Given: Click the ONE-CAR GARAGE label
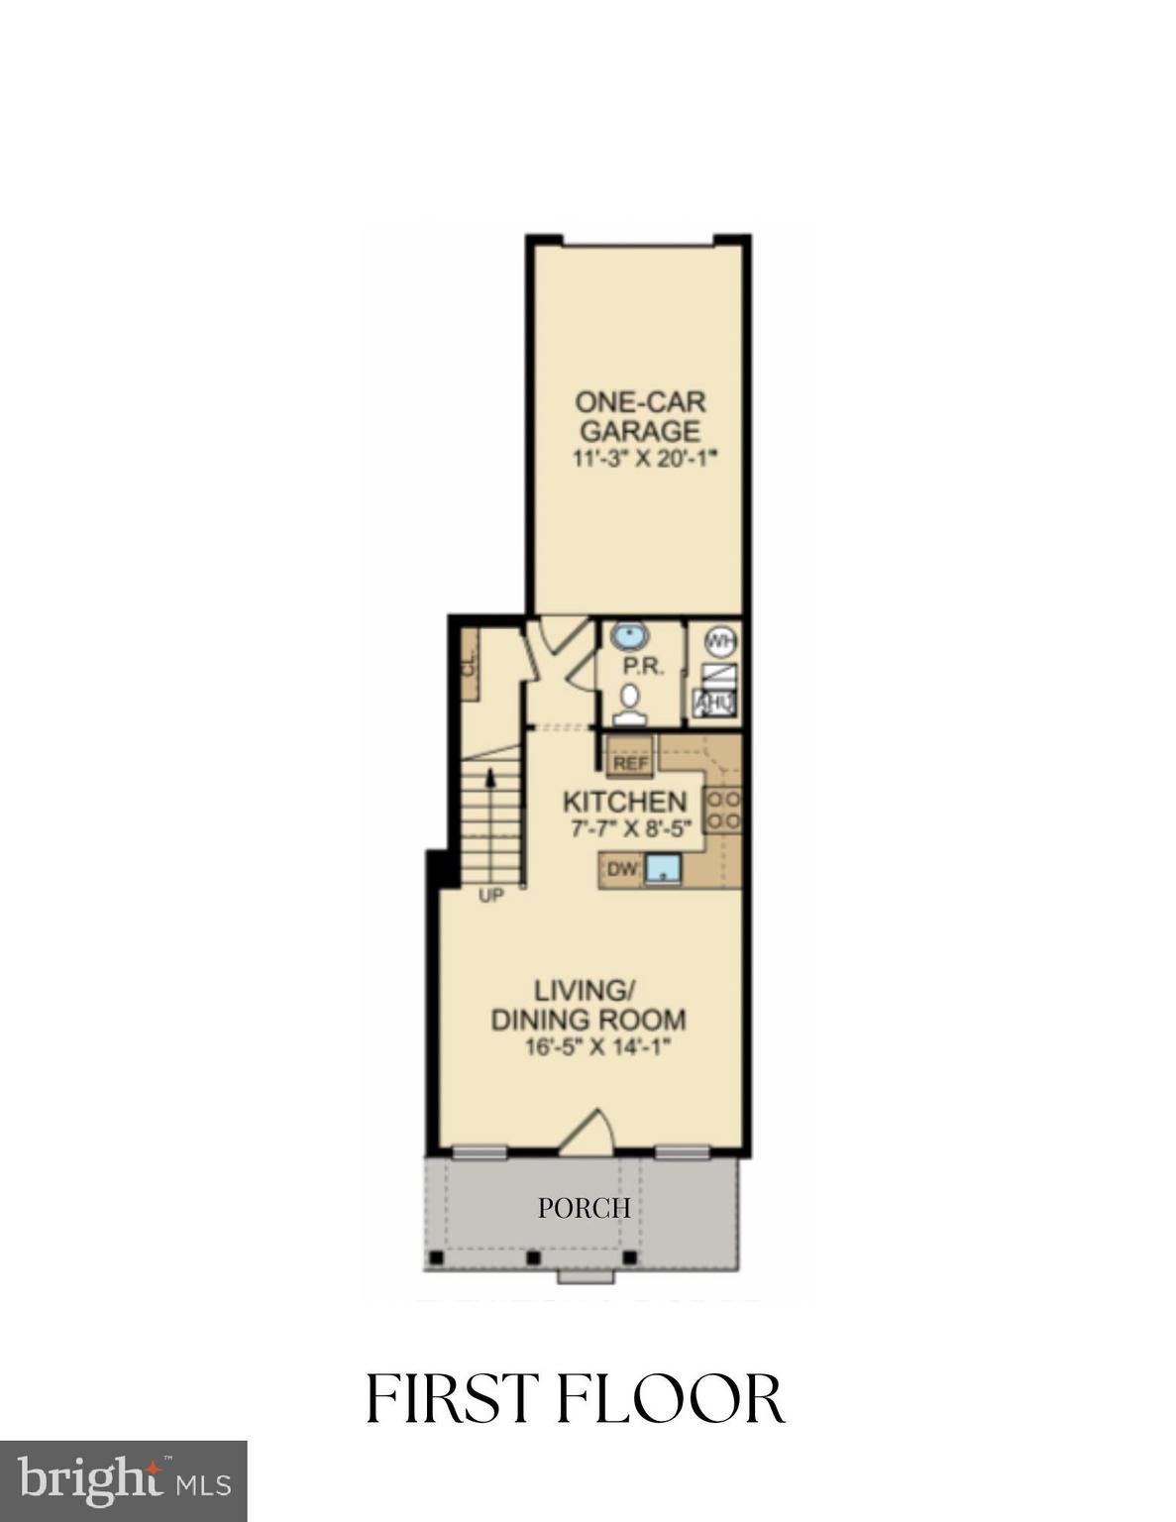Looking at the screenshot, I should pyautogui.click(x=640, y=416).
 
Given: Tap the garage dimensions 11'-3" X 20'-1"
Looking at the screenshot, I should pyautogui.click(x=643, y=458).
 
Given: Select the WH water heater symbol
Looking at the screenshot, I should pyautogui.click(x=721, y=642).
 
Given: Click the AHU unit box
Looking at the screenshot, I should pyautogui.click(x=714, y=704).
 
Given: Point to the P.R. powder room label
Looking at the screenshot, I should pyautogui.click(x=642, y=667).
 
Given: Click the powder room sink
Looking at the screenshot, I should pyautogui.click(x=629, y=635).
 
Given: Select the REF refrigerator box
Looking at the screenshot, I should pyautogui.click(x=630, y=763).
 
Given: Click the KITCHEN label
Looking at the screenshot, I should pyautogui.click(x=624, y=802).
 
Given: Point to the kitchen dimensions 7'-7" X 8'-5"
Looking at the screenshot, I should pyautogui.click(x=630, y=829).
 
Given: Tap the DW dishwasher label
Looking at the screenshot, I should pyautogui.click(x=620, y=870).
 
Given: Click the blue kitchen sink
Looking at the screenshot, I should pyautogui.click(x=662, y=870).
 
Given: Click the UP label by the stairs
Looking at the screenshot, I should pyautogui.click(x=491, y=896).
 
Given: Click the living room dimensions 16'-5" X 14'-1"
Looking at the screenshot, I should pyautogui.click(x=592, y=1047).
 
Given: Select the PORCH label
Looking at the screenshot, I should pyautogui.click(x=584, y=1208).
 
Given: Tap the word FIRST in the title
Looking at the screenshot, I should pyautogui.click(x=455, y=1398).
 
